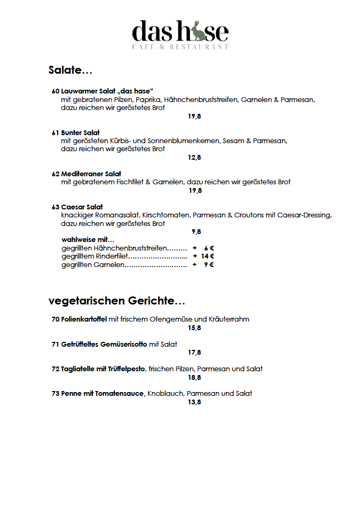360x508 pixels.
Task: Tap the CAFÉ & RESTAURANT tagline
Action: [x=180, y=47]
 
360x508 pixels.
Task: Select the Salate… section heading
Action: [x=71, y=70]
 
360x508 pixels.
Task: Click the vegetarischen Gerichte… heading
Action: [x=116, y=301]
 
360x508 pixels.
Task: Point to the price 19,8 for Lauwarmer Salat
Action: [x=194, y=116]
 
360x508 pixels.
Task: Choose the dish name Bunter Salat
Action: [x=80, y=132]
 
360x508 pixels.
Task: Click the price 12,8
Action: [x=194, y=158]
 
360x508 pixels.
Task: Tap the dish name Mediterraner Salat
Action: [x=91, y=174]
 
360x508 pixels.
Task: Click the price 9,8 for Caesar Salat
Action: [x=196, y=232]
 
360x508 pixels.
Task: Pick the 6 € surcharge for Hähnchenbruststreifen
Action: [x=209, y=248]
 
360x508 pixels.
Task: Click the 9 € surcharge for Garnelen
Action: [x=209, y=265]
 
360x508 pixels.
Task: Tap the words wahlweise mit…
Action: [x=88, y=240]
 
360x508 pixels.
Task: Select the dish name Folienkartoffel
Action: [x=84, y=319]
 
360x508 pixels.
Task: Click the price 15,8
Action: [x=194, y=328]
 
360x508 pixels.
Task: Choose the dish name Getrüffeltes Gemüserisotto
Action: [x=104, y=344]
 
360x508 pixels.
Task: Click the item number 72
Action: [x=55, y=369]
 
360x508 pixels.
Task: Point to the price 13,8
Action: [x=194, y=402]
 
